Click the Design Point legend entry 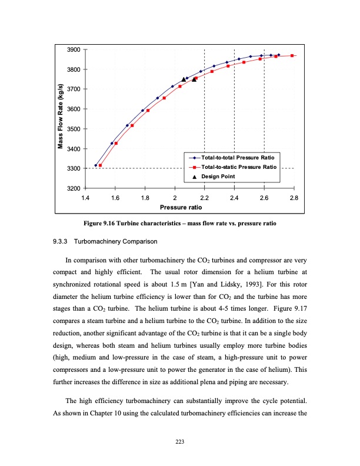(221, 176)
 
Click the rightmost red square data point (292, 55)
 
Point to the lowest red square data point (101, 165)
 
